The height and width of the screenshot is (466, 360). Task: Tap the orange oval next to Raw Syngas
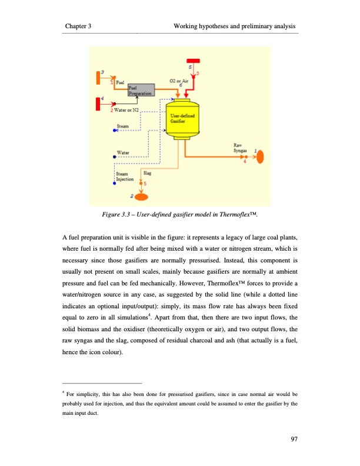(261, 158)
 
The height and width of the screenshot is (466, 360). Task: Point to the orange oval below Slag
(140, 195)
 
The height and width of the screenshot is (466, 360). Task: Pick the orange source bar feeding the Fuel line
(99, 78)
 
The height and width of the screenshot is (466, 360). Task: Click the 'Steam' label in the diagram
(124, 126)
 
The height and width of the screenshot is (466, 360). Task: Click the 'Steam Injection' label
(125, 176)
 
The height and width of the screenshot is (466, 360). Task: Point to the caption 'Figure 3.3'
(119, 216)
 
